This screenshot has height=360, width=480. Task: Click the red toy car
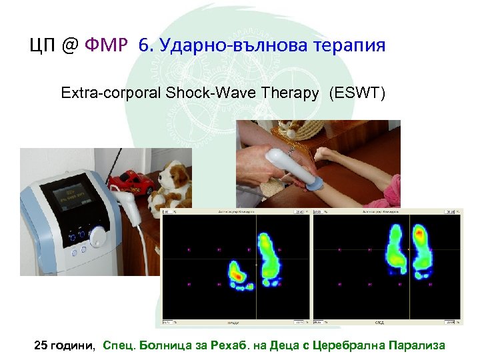coord(131,181)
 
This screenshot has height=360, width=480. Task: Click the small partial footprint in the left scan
coord(237,272)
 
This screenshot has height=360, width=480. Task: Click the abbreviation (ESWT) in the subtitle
coord(357,93)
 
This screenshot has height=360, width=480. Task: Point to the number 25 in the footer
coord(41,345)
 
